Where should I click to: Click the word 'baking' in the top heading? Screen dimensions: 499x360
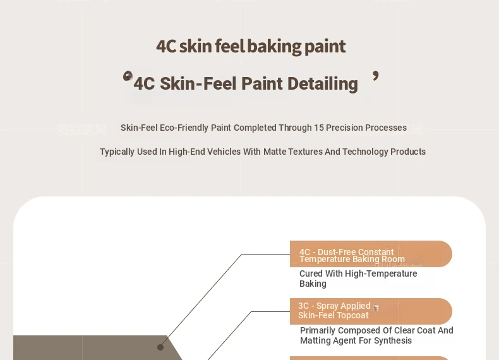point(274,47)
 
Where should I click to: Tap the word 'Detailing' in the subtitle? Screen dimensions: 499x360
point(323,84)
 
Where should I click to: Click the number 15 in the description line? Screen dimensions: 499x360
point(319,128)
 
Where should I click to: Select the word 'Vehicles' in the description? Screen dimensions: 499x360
point(224,152)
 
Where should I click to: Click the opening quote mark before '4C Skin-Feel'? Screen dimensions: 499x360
point(128,76)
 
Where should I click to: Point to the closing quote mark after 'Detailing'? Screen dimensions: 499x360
point(376,76)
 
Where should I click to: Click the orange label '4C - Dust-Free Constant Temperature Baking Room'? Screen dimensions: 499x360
point(371,254)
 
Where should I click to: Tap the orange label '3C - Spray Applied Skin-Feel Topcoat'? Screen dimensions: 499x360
point(371,311)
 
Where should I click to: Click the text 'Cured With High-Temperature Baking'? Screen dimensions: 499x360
point(358,279)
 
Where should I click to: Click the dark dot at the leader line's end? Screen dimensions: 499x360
point(160,347)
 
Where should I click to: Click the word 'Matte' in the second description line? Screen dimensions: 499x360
point(275,152)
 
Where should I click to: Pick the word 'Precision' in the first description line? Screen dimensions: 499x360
point(344,128)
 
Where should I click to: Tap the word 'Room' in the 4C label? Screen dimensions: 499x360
point(394,260)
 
